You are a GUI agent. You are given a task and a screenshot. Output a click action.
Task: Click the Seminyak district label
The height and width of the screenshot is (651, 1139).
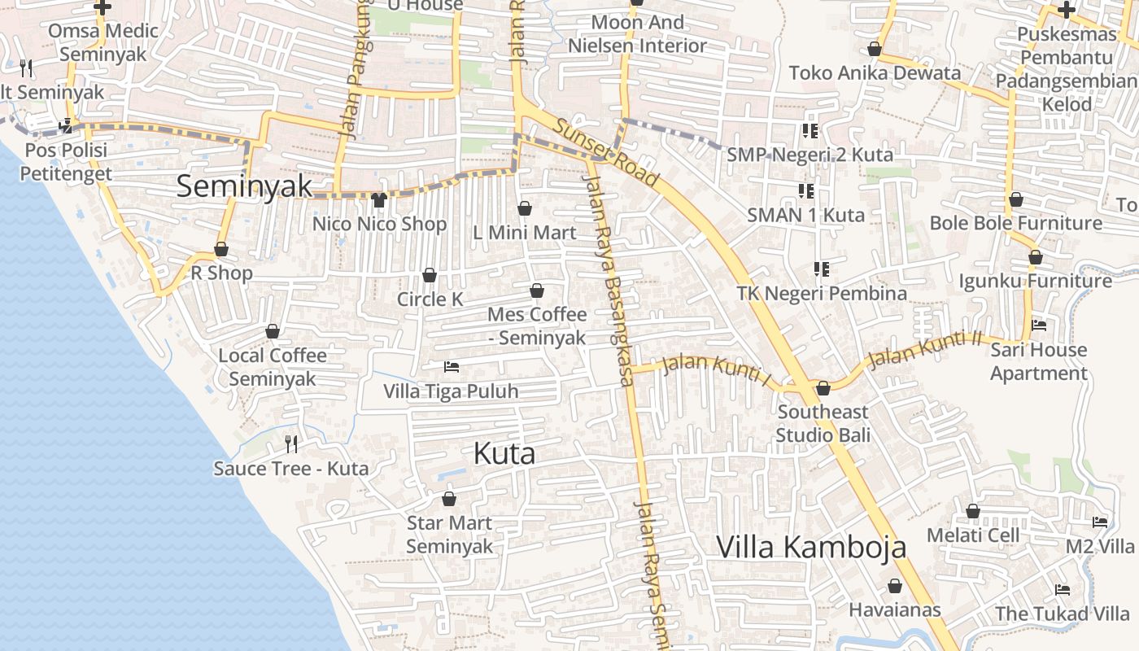pos(244,186)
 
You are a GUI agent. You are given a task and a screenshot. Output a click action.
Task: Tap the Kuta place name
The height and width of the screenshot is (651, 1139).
pos(504,454)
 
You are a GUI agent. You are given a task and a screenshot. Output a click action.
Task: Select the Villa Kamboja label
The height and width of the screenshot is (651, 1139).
pos(811,547)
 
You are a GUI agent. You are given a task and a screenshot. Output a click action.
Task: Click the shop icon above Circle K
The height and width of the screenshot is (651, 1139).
pos(430,276)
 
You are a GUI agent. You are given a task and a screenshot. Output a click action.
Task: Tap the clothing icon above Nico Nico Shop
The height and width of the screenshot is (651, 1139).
pos(378,200)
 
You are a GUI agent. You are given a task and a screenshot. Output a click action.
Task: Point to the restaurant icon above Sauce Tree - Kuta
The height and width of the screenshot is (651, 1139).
pos(291,444)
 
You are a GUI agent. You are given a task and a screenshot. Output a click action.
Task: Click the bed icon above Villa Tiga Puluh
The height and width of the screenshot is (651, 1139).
pos(451,368)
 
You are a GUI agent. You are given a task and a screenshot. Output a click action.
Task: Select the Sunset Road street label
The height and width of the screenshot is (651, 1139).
pos(606,151)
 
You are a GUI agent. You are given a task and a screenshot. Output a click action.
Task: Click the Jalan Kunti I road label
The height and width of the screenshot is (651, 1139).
pos(716,366)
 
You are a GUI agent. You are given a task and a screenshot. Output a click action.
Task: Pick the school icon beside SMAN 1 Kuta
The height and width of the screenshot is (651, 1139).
pos(806,191)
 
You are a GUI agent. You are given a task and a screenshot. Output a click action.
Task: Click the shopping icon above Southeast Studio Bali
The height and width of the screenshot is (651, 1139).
pos(823,388)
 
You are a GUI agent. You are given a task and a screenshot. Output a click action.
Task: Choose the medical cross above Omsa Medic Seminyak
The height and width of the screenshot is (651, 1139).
pos(103,8)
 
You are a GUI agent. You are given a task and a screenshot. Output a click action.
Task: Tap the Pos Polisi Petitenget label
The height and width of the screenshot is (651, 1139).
pos(65,162)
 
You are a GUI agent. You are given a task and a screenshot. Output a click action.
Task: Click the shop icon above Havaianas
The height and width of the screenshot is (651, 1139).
pos(895,586)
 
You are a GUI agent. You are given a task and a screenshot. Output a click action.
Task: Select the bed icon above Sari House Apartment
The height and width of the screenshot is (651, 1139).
pos(1039,326)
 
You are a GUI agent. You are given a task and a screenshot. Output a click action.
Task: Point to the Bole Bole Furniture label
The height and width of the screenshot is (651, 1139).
pos(1015,223)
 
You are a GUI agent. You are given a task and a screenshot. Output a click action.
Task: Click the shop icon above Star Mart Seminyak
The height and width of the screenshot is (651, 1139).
pos(449,499)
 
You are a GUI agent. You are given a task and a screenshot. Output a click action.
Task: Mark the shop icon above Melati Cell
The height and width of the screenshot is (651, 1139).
pos(973,512)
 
